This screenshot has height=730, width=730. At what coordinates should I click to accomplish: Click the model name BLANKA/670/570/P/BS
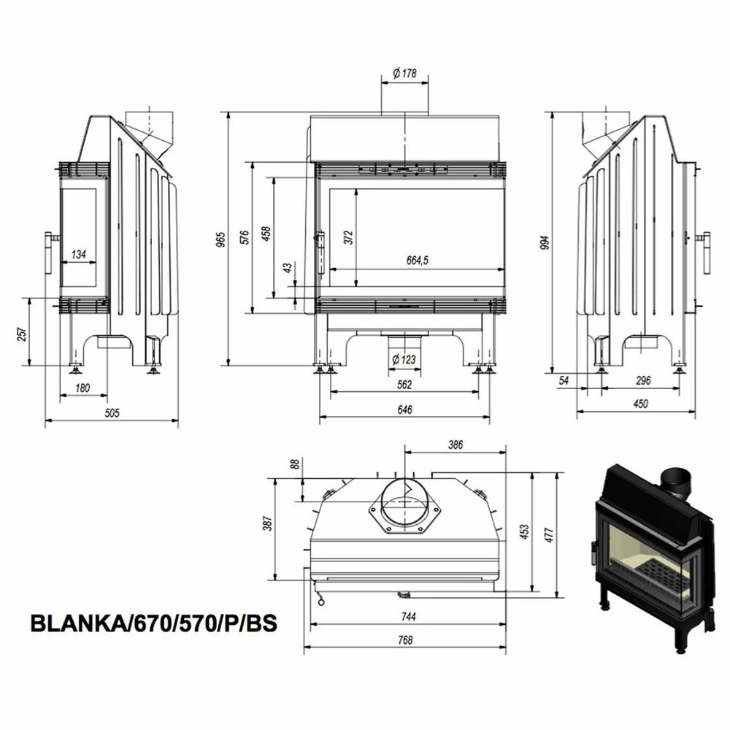[153, 623]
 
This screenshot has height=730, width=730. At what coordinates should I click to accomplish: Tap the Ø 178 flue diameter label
[404, 73]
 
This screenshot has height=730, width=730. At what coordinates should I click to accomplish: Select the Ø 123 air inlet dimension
[404, 359]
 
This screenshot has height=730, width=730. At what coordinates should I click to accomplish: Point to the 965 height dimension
[222, 239]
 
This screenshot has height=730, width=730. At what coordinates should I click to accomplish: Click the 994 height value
[545, 242]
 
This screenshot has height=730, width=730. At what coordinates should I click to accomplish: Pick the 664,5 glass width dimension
[417, 261]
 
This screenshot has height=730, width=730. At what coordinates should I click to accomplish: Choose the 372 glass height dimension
[350, 237]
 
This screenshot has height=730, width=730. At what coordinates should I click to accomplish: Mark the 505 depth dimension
[112, 412]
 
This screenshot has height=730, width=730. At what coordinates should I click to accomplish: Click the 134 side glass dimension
[79, 254]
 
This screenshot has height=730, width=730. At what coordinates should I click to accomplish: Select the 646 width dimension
[404, 410]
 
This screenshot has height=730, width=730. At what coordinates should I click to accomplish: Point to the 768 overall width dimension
[405, 639]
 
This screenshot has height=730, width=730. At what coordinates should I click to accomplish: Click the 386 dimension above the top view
[456, 445]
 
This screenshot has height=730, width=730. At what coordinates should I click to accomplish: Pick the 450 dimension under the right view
[641, 404]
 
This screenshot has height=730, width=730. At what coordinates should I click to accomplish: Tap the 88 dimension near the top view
[295, 464]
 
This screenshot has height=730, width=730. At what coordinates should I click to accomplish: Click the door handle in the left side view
[50, 254]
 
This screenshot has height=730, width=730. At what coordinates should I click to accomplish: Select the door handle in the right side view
[704, 253]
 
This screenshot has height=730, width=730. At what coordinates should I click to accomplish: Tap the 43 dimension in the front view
[288, 268]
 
